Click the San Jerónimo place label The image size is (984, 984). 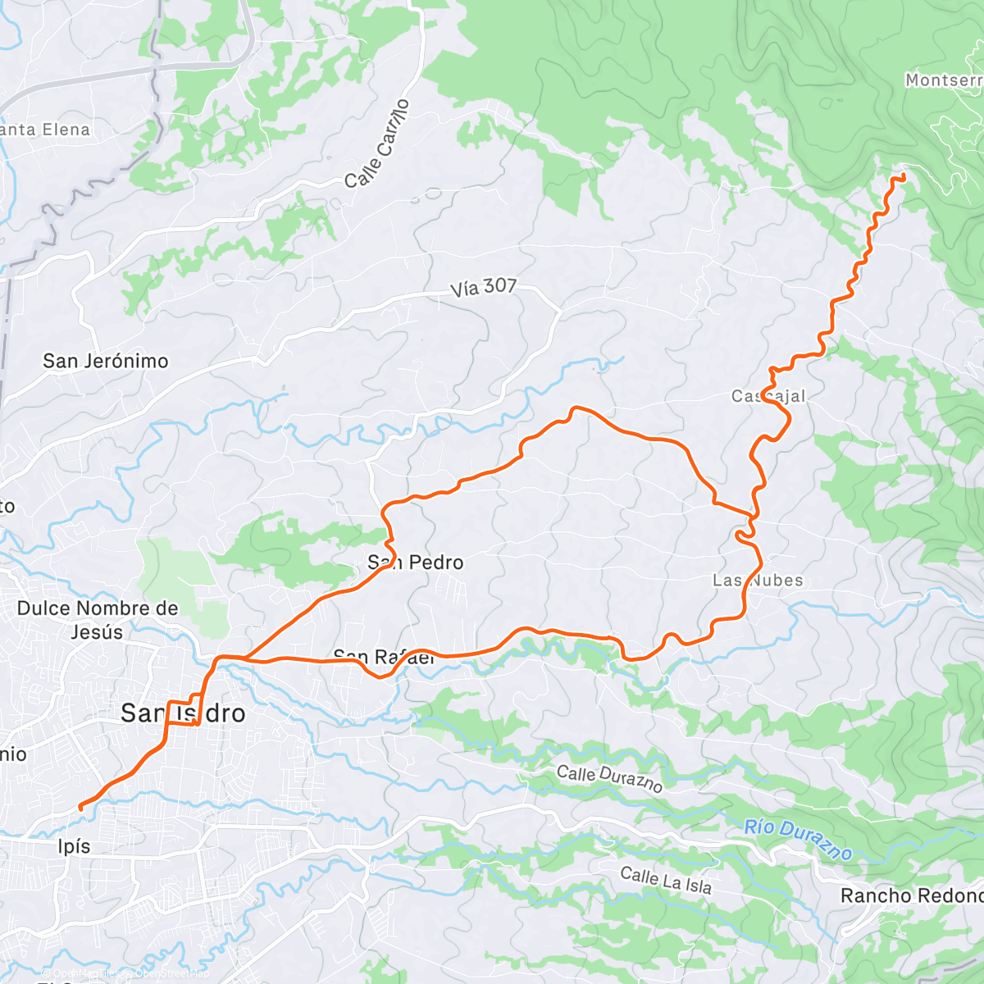tap(105, 361)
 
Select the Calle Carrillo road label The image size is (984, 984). tap(377, 143)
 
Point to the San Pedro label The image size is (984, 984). tap(416, 563)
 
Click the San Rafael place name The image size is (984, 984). tap(384, 657)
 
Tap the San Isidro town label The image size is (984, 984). tap(183, 713)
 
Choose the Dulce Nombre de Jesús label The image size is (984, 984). tap(97, 620)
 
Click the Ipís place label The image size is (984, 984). tap(74, 846)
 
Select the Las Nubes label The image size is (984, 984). tap(758, 581)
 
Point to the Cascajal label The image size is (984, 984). tap(768, 396)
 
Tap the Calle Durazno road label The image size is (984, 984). tap(609, 778)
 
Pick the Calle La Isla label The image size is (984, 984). tap(666, 881)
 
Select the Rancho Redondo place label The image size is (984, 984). tap(911, 895)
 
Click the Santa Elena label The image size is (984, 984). tap(45, 130)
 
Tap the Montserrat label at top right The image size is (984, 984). tap(943, 80)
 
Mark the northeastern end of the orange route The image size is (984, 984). tap(903, 176)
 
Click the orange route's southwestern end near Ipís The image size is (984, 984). tap(80, 808)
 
